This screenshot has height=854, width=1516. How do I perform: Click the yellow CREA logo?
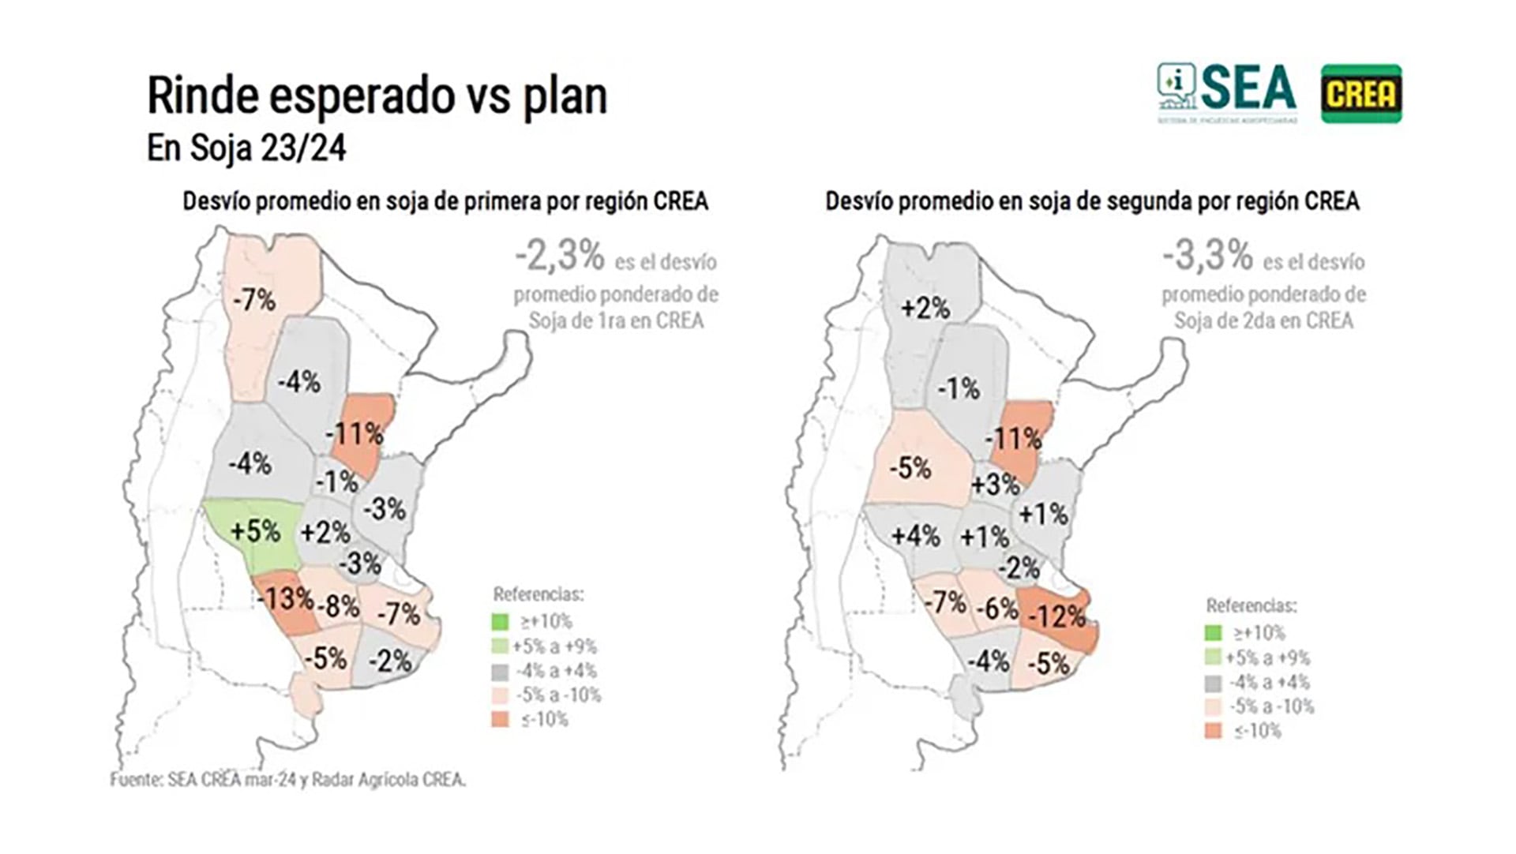(x=1361, y=94)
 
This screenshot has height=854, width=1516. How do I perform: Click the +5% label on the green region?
(x=255, y=530)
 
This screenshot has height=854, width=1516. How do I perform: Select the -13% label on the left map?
(x=285, y=598)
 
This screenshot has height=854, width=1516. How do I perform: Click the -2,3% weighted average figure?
(x=560, y=256)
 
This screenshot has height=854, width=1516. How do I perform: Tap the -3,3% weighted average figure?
(x=1207, y=256)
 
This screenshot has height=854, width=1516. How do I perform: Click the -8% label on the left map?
(x=339, y=606)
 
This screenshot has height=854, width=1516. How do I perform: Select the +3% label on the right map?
(x=995, y=484)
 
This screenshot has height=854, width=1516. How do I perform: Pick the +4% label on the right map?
(x=915, y=537)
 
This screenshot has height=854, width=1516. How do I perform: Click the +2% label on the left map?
(x=325, y=532)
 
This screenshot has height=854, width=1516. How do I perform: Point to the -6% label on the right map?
(x=997, y=609)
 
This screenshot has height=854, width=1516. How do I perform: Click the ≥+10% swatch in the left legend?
(x=501, y=622)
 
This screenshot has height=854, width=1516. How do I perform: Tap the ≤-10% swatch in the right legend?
(x=1214, y=731)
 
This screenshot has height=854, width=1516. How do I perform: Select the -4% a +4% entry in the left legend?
(x=556, y=671)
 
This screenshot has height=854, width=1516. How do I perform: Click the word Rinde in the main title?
(x=202, y=96)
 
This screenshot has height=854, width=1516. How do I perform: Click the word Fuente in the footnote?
(x=136, y=780)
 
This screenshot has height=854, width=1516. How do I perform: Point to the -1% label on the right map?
(x=959, y=388)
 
